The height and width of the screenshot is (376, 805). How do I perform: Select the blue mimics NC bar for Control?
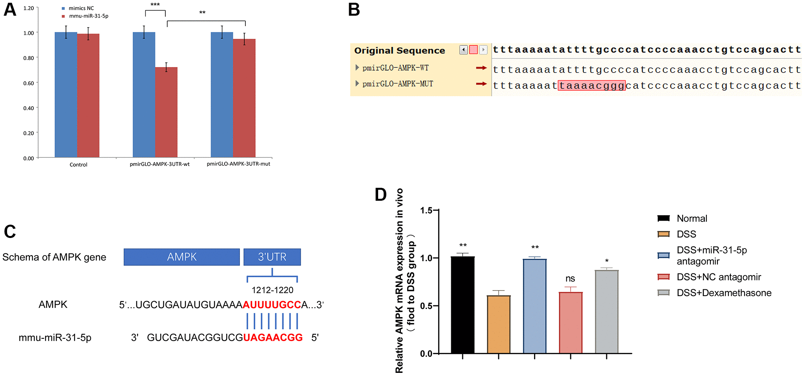pos(66,94)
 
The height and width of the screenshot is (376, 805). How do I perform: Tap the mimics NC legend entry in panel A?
pos(81,8)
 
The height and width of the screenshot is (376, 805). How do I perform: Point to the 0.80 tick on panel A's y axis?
pos(29,58)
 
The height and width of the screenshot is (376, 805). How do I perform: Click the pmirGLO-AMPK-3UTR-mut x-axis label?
pos(238,164)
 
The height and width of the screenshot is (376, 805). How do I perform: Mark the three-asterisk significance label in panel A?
pos(155,5)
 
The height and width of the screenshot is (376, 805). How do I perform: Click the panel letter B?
pos(354,9)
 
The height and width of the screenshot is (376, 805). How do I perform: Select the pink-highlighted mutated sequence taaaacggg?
pos(591,85)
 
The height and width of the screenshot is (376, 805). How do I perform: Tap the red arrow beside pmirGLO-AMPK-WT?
pos(481,68)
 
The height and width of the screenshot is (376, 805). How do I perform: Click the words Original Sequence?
pos(399,51)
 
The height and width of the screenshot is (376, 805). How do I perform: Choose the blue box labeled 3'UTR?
pos(272,257)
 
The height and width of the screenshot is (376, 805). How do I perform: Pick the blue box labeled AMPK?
pos(181,257)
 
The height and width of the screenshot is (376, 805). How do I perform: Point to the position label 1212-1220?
pos(273,290)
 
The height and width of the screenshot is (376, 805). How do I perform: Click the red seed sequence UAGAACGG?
pos(273,338)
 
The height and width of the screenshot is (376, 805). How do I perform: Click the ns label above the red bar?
pos(570,278)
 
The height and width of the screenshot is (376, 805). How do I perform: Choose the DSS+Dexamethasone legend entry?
pos(724,293)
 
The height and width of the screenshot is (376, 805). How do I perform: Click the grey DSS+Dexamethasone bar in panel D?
pos(606,312)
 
